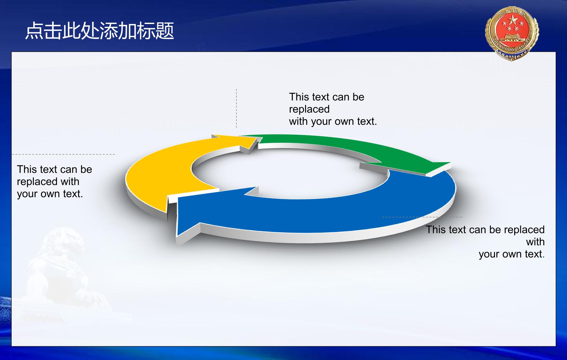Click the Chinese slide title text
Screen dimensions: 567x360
pyautogui.click(x=100, y=31)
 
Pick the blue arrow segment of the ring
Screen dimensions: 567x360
pyautogui.click(x=320, y=214)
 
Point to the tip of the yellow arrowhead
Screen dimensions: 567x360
pyautogui.click(x=257, y=138)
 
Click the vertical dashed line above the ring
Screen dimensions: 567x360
pyautogui.click(x=237, y=108)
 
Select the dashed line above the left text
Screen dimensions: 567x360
pyautogui.click(x=63, y=154)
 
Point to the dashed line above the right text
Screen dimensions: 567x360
pyautogui.click(x=423, y=217)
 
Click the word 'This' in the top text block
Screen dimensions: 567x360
pyautogui.click(x=299, y=97)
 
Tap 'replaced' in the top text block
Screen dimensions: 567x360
pyautogui.click(x=309, y=109)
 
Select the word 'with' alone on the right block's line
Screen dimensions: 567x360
pyautogui.click(x=535, y=242)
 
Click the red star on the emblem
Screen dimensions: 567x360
pyautogui.click(x=513, y=20)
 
